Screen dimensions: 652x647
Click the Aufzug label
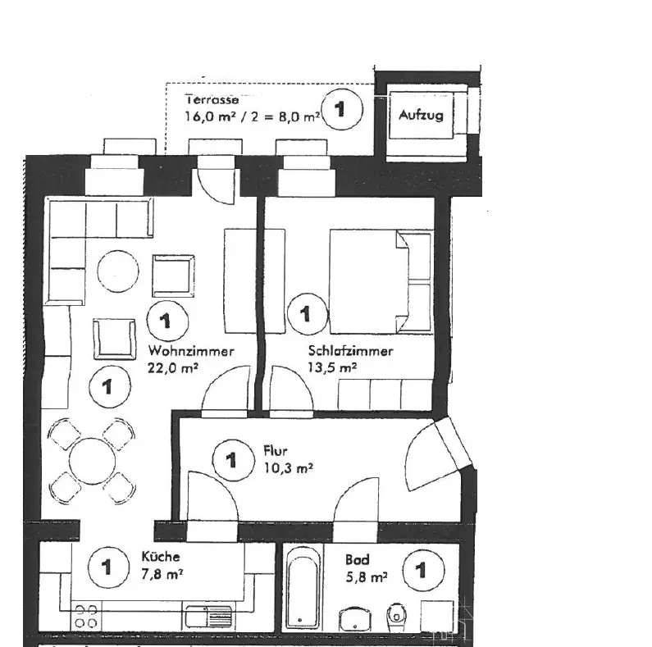click(x=421, y=115)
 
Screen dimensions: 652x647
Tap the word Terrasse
click(x=212, y=99)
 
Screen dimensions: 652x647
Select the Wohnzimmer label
click(x=192, y=351)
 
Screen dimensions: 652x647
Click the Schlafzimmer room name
click(x=350, y=351)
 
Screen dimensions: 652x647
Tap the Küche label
click(x=155, y=556)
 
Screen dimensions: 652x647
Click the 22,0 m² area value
click(x=172, y=368)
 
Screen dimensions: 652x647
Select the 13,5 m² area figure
click(x=332, y=368)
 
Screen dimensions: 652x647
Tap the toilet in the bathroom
click(x=397, y=611)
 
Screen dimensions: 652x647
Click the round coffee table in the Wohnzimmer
click(x=118, y=271)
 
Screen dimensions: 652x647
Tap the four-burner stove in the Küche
click(x=87, y=617)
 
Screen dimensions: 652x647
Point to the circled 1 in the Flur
click(x=231, y=460)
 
